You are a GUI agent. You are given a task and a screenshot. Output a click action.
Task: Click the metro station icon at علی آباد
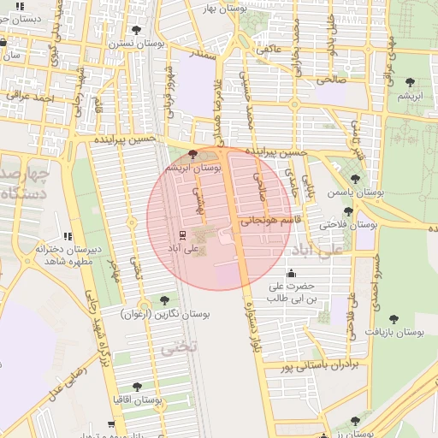coord(181,234)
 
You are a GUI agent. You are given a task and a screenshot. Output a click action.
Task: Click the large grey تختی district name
coord(181,347)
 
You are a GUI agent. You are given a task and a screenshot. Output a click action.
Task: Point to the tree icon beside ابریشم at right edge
coord(411,83)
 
